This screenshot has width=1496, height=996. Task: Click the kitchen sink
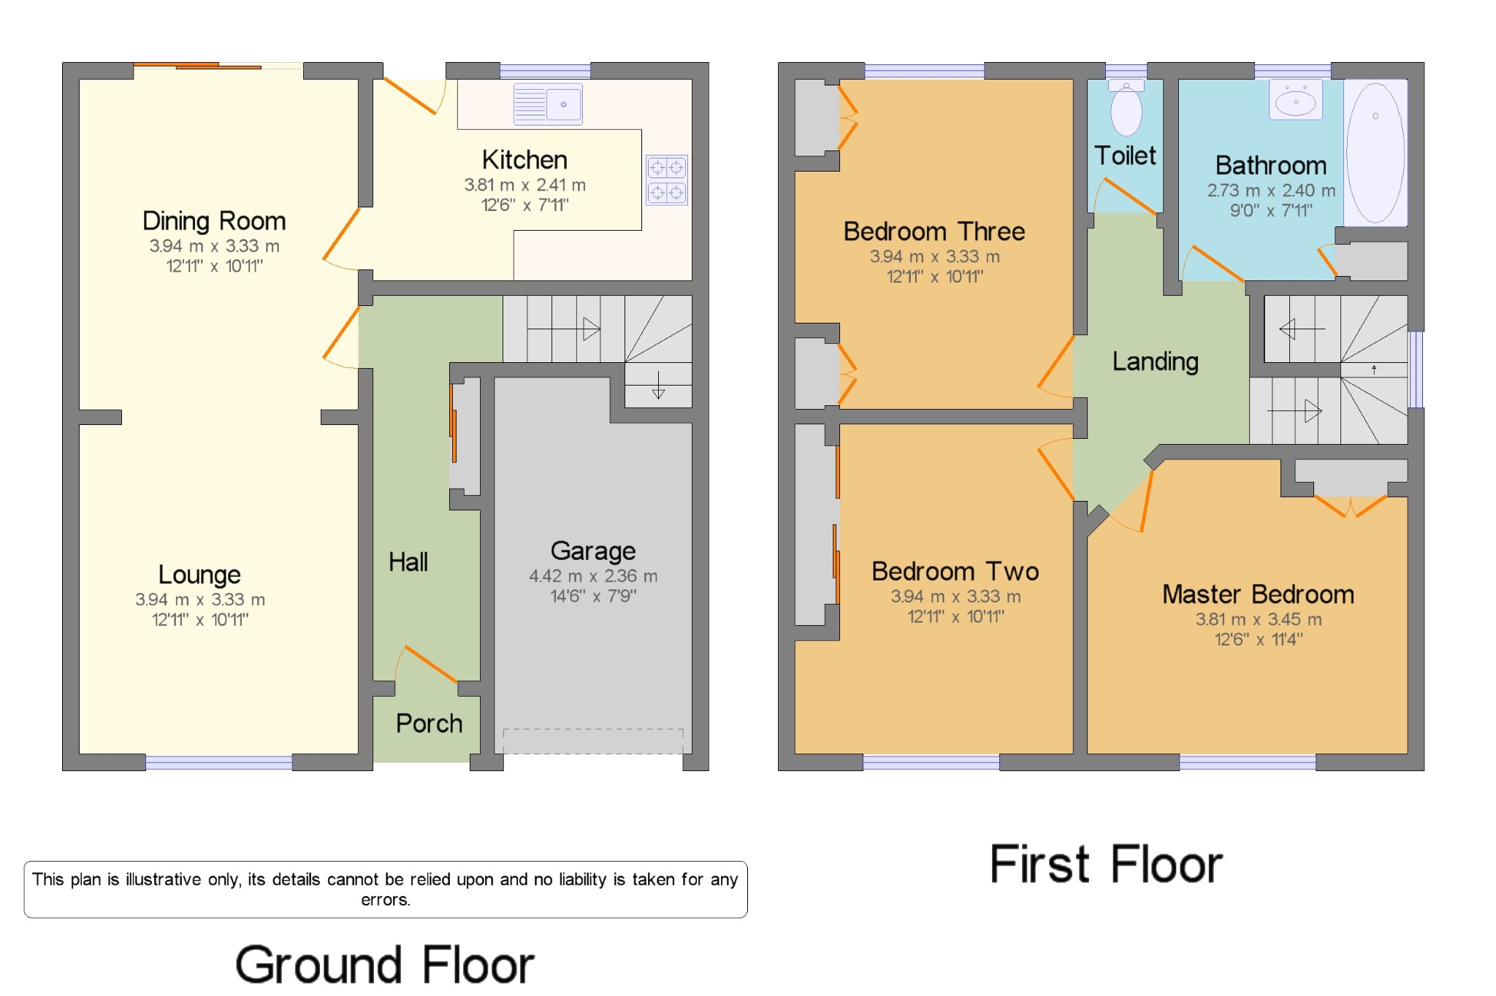click(x=548, y=104)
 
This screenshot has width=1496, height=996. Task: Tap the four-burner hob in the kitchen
click(x=666, y=180)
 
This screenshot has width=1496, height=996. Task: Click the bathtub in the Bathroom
click(x=1375, y=152)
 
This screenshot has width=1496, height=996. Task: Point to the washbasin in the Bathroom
click(x=1296, y=101)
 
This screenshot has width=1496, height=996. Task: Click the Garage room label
click(x=592, y=551)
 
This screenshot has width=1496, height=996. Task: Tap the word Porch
click(x=429, y=724)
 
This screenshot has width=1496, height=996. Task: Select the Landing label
click(x=1155, y=361)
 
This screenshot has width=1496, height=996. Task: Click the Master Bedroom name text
click(x=1258, y=594)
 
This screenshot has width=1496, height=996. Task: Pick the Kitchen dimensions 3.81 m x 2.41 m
click(x=524, y=185)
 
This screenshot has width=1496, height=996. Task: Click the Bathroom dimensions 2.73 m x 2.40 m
click(x=1271, y=191)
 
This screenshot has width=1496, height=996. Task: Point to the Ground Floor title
click(x=385, y=965)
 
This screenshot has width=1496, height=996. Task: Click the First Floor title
click(x=1106, y=865)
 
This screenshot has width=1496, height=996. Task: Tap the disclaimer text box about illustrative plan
click(x=385, y=889)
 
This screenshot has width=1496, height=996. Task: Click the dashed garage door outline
click(x=592, y=740)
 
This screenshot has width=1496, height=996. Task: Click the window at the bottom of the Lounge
click(x=218, y=762)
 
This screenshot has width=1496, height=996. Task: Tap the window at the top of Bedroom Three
click(x=924, y=71)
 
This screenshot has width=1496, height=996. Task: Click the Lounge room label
click(x=199, y=575)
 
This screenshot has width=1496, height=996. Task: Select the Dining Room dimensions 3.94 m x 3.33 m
click(x=214, y=246)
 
